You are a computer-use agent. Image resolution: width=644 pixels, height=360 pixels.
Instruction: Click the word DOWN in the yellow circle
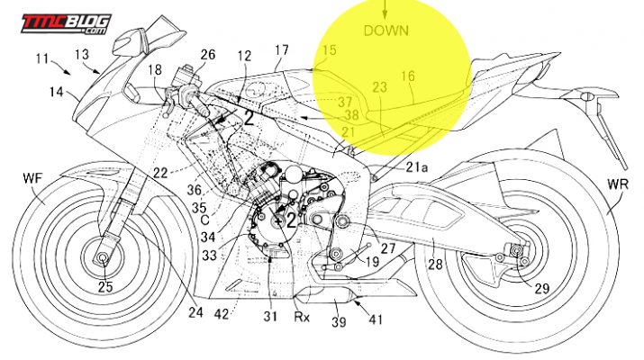[x=385, y=30]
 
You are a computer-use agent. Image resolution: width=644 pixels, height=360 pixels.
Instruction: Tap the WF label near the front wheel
[x=32, y=179]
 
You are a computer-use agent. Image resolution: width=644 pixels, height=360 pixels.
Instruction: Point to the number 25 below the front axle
[x=104, y=287]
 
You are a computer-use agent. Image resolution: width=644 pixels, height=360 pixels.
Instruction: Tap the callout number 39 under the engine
[x=339, y=320]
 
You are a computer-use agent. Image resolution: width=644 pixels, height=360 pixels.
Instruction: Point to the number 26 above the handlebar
[x=207, y=55]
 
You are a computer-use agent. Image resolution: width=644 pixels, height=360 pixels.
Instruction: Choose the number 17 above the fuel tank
[x=282, y=50]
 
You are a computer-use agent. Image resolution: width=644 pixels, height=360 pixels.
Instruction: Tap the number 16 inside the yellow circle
[x=408, y=77]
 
